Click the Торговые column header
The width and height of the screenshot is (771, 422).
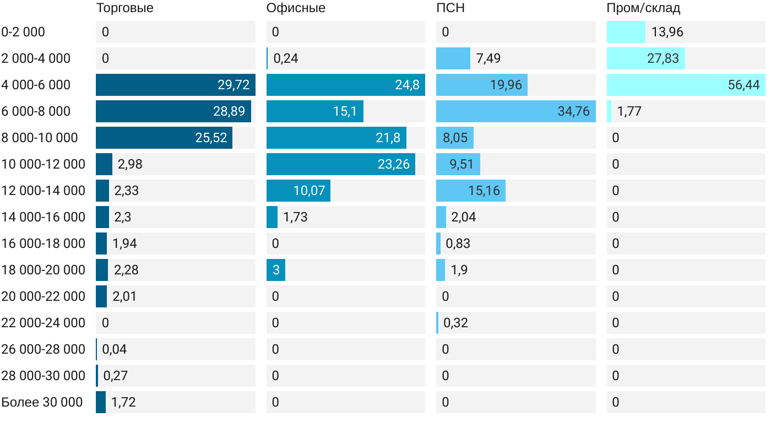click(x=124, y=8)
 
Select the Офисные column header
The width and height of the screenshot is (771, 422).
click(x=295, y=8)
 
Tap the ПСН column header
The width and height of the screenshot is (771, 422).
click(x=447, y=8)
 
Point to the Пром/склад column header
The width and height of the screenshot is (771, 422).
click(x=643, y=8)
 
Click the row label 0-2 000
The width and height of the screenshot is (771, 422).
click(x=23, y=32)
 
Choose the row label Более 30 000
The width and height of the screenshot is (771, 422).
click(x=42, y=402)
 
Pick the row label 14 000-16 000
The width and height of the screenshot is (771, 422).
click(x=44, y=217)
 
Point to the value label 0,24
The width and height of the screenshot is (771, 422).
click(x=285, y=58)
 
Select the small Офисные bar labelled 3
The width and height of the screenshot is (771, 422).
click(x=276, y=270)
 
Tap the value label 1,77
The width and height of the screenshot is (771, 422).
click(x=629, y=111)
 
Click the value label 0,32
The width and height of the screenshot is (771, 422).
click(x=455, y=323)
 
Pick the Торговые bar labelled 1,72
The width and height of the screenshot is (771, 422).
click(x=101, y=402)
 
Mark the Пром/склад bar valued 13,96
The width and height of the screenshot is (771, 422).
click(x=626, y=32)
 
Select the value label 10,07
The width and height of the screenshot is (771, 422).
click(x=309, y=191)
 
